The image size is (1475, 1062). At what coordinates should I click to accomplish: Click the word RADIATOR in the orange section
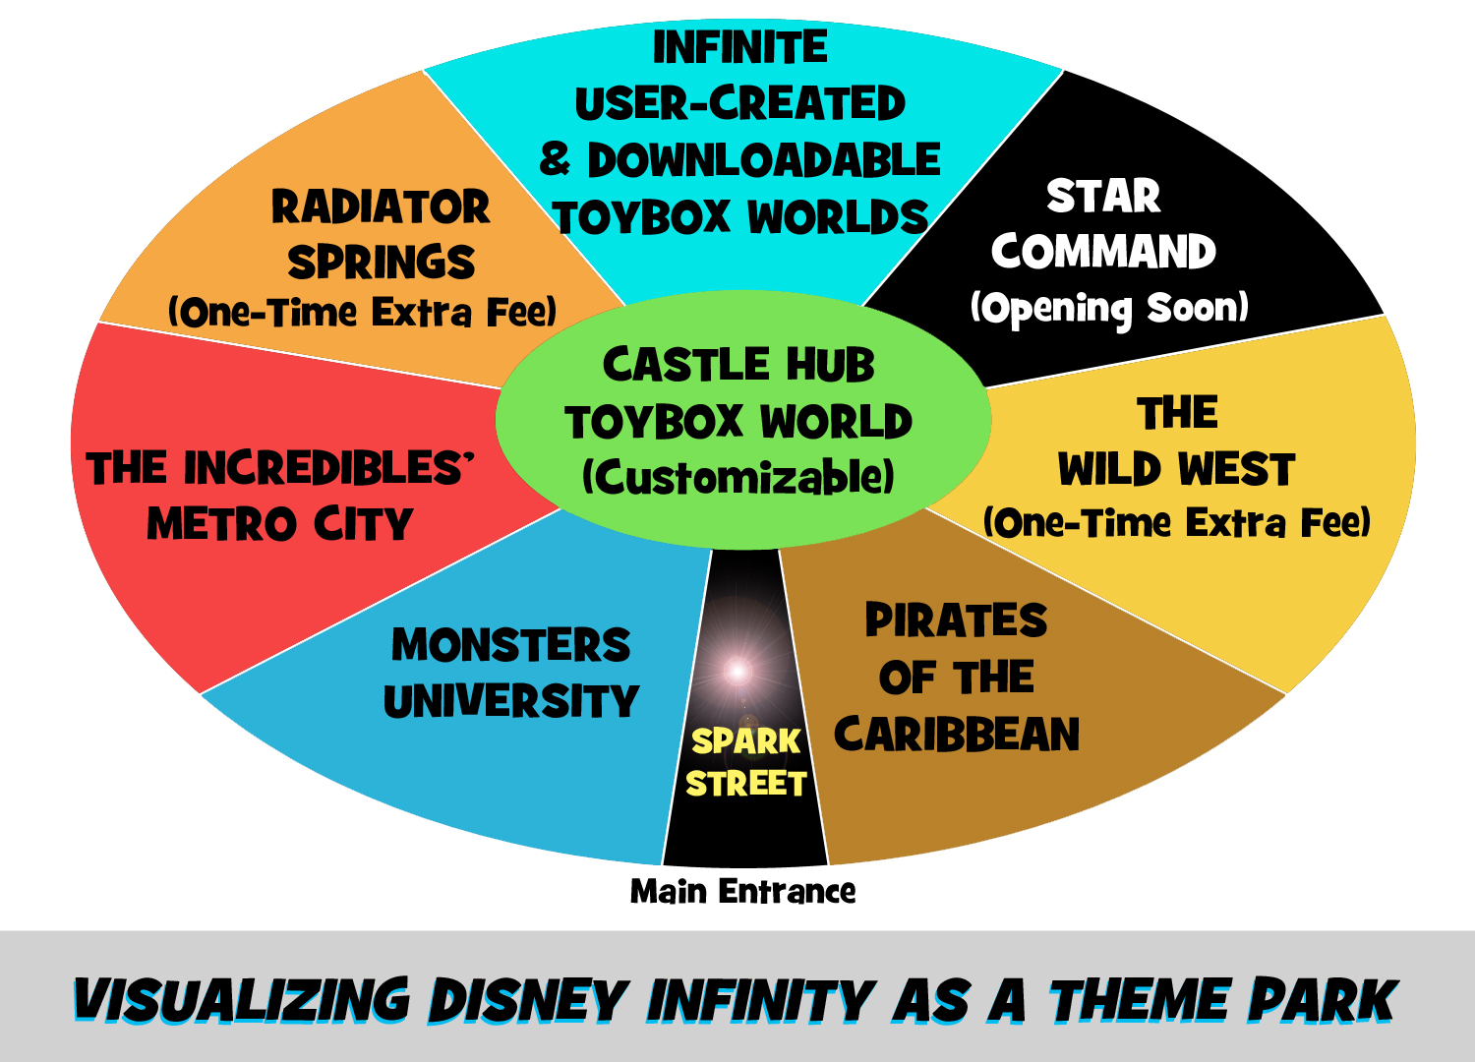pos(381,207)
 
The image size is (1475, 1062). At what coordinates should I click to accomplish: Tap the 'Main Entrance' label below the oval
pos(742,891)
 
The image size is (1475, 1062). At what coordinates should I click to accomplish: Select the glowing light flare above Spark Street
pos(737,672)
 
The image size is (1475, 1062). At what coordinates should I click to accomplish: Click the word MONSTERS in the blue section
pos(510,645)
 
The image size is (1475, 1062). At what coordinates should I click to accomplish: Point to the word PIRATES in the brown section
pos(956,620)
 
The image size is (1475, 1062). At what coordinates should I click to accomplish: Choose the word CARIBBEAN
pos(957,735)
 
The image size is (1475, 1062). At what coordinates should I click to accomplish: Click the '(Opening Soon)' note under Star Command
pos(1109,309)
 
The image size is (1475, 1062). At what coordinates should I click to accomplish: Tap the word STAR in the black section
pos(1103,197)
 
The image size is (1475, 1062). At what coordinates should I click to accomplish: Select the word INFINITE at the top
pos(740,47)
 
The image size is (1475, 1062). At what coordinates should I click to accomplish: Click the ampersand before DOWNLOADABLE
pos(555,159)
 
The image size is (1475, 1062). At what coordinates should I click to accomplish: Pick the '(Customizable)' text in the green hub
pos(738,478)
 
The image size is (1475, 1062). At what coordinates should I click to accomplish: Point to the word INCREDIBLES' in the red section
pos(328,468)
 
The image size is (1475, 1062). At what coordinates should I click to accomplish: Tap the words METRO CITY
pos(280,524)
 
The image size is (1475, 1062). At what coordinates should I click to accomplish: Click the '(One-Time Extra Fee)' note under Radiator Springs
pos(362,313)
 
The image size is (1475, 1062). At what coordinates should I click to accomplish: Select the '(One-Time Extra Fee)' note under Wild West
pos(1177,522)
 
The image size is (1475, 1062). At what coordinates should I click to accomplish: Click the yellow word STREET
pos(746,784)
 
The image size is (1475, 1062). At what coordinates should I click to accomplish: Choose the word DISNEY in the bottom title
pos(528,1001)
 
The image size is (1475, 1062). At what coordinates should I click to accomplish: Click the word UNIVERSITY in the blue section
pos(510,702)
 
